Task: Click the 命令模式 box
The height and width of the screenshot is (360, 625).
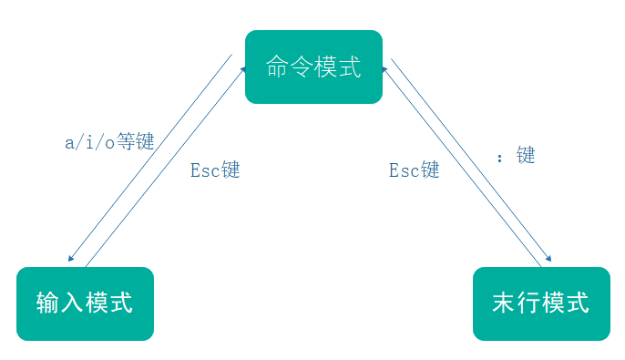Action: [x=313, y=67]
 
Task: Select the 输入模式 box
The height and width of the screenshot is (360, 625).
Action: [x=85, y=303]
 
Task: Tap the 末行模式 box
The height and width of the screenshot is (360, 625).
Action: [x=540, y=303]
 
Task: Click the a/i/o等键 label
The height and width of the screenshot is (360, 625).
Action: [x=109, y=143]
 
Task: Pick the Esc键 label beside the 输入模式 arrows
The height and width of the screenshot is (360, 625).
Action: [x=215, y=170]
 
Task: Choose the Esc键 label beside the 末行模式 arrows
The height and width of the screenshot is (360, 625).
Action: [x=414, y=170]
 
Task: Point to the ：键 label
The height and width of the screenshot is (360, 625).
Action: [x=516, y=156]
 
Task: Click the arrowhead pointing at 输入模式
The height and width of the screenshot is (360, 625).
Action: [x=71, y=259]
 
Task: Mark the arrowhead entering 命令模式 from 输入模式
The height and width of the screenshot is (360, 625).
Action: [x=244, y=68]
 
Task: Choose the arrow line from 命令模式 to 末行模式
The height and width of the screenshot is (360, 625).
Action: [x=473, y=157]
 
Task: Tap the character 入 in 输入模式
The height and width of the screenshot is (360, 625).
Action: [x=73, y=303]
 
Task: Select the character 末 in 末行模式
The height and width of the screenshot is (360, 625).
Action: [x=504, y=303]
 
